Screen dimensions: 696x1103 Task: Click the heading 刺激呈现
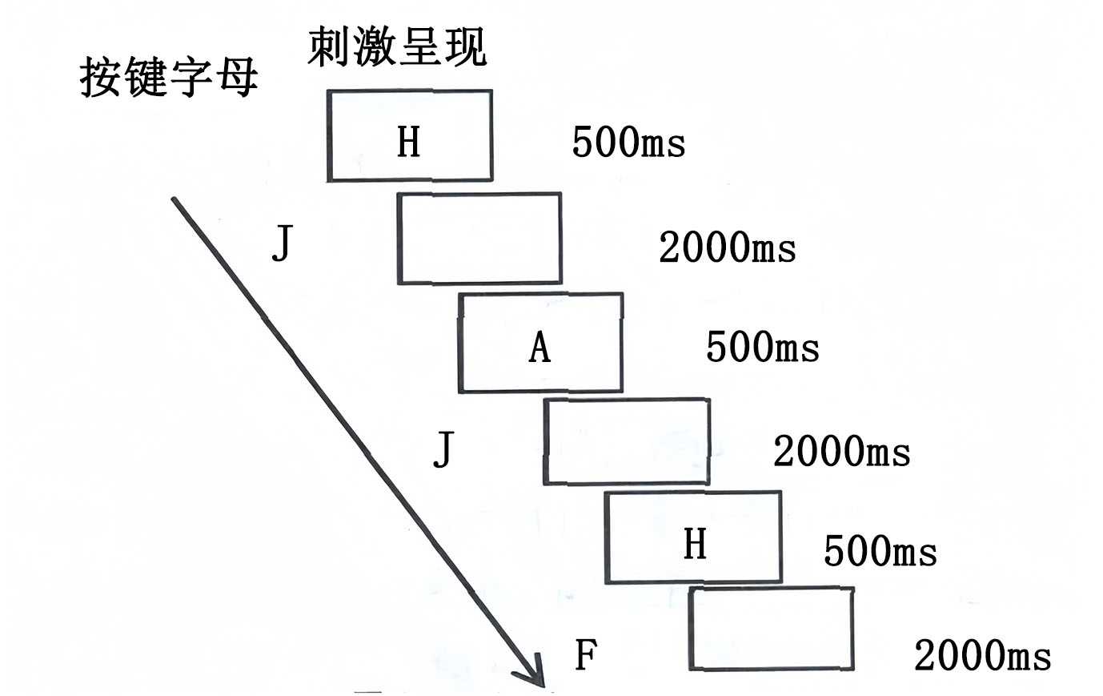[397, 46]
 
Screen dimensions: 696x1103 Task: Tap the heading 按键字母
[169, 78]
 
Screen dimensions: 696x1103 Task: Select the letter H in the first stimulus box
[408, 143]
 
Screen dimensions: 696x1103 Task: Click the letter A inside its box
[540, 348]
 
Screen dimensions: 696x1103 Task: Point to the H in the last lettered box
[695, 544]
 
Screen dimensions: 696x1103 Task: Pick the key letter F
[586, 655]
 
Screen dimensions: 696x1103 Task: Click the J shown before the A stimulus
[281, 245]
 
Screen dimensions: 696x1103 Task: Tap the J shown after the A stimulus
[443, 449]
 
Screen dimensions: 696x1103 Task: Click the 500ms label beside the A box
[762, 348]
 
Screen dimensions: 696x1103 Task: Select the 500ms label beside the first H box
[628, 143]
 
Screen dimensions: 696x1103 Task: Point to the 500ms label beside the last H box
[880, 552]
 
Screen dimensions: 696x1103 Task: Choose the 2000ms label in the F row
[982, 656]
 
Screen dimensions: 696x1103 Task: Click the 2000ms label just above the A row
[727, 247]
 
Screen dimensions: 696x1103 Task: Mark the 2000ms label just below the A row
[841, 452]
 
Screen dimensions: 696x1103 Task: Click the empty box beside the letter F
[771, 629]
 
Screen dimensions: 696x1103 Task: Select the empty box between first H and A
[479, 238]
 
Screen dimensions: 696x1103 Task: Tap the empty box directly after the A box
[627, 441]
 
